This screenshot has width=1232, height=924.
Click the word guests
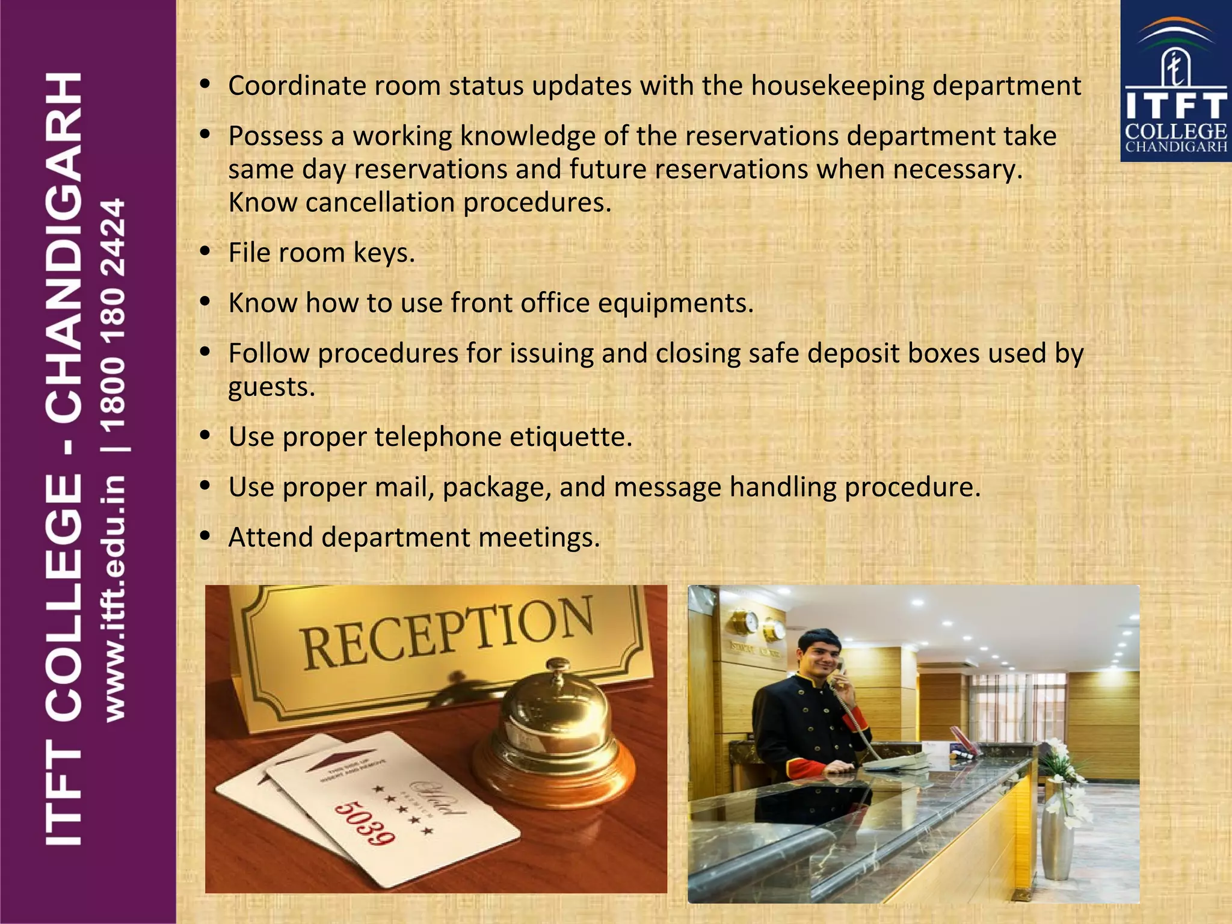(271, 387)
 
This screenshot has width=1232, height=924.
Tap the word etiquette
(571, 437)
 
